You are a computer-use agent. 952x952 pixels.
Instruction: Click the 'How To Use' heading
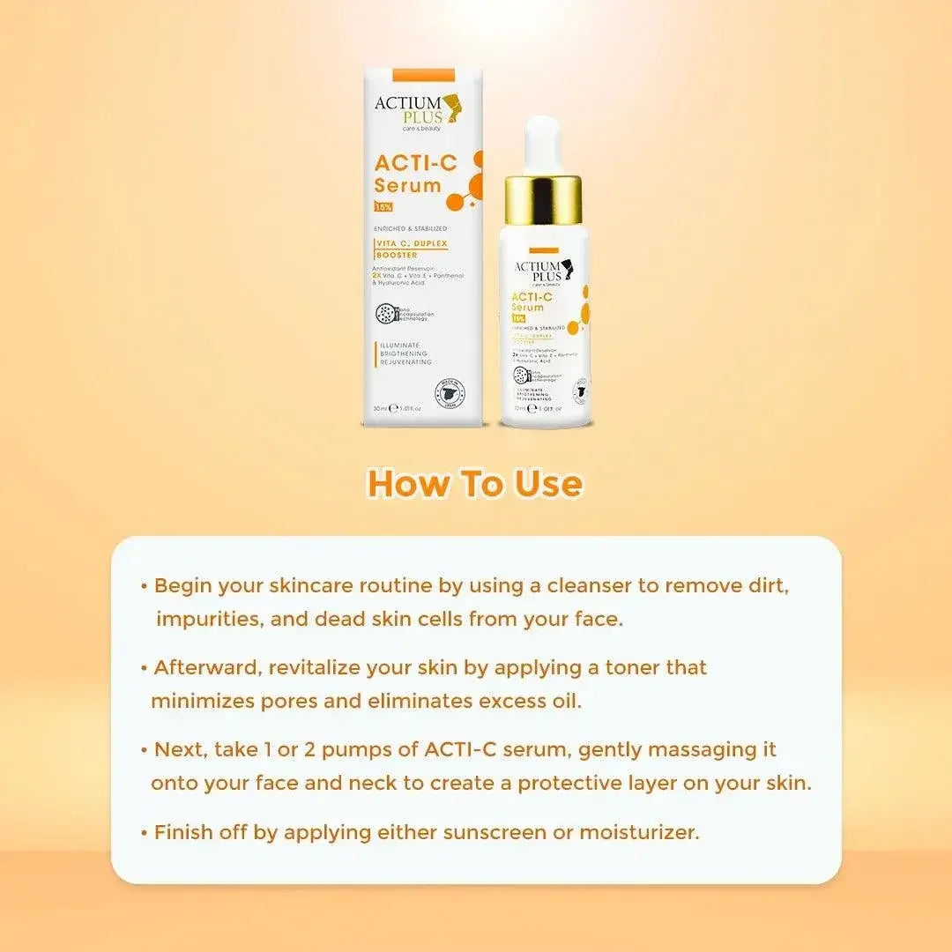tap(475, 484)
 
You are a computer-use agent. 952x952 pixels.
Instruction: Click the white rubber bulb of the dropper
tap(542, 144)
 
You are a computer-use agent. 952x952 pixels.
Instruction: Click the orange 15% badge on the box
tap(383, 207)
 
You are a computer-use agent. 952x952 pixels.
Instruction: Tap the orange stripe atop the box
tap(410, 75)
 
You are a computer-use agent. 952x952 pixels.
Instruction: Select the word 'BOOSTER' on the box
tap(397, 256)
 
